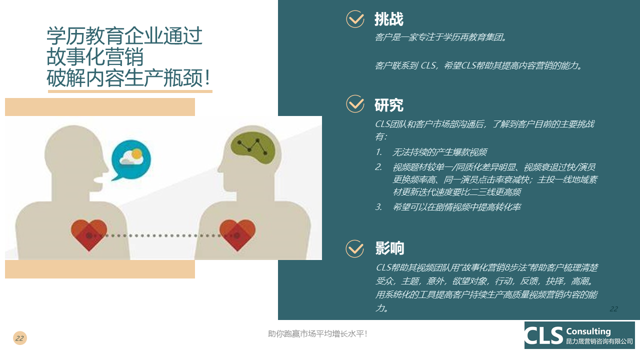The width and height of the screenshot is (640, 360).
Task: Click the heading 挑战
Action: [x=389, y=19]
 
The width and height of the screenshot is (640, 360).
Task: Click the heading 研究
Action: [x=389, y=105]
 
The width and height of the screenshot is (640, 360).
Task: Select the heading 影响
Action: [x=389, y=248]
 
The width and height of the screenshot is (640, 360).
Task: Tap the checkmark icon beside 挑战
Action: [x=355, y=19]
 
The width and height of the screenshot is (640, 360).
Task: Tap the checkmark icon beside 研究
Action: [x=355, y=103]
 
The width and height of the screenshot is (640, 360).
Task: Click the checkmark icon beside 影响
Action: [x=355, y=248]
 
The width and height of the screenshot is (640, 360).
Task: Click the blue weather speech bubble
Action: [x=131, y=160]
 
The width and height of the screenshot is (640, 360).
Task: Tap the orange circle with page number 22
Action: [x=19, y=338]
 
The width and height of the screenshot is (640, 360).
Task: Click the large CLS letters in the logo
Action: [x=544, y=335]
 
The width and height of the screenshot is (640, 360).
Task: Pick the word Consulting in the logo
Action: [x=588, y=331]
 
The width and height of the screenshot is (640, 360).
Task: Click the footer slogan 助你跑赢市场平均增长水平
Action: [x=317, y=333]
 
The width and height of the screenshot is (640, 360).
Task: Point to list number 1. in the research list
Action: [x=379, y=152]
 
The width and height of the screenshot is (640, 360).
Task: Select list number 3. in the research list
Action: [x=379, y=207]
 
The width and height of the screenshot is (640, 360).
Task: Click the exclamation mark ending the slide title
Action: [x=207, y=77]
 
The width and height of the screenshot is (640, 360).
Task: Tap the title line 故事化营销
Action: [x=95, y=57]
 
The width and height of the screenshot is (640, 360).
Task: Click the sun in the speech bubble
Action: [x=137, y=154]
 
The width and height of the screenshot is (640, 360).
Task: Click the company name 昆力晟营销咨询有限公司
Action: [x=599, y=341]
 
